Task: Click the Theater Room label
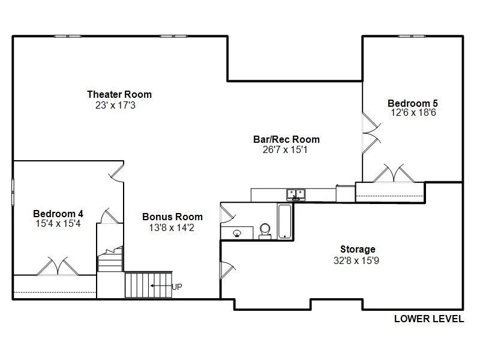click(119, 94)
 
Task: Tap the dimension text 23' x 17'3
click(115, 106)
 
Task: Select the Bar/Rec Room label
click(287, 139)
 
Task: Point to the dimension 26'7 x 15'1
click(285, 149)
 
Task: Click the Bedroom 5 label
click(413, 103)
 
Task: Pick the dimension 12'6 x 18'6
click(413, 112)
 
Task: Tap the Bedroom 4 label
click(58, 214)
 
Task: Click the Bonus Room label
click(172, 217)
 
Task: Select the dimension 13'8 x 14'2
click(172, 228)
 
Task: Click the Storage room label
click(358, 249)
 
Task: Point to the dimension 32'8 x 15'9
click(356, 260)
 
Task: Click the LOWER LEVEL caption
click(429, 319)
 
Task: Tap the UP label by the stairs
click(177, 287)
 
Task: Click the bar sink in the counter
click(296, 194)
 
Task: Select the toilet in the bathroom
click(265, 231)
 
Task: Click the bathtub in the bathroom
click(284, 221)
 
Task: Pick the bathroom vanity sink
click(237, 233)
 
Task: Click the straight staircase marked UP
click(148, 285)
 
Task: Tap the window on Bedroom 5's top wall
click(412, 36)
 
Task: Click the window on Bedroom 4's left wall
click(13, 192)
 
